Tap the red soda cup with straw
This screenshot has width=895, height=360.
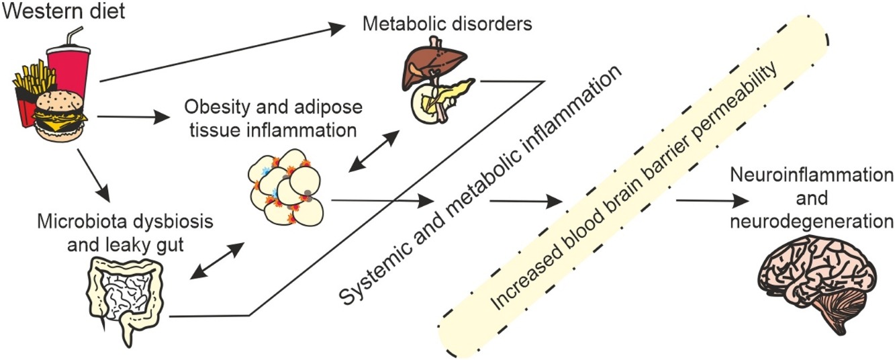66,64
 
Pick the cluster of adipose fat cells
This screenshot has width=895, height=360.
285,188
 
